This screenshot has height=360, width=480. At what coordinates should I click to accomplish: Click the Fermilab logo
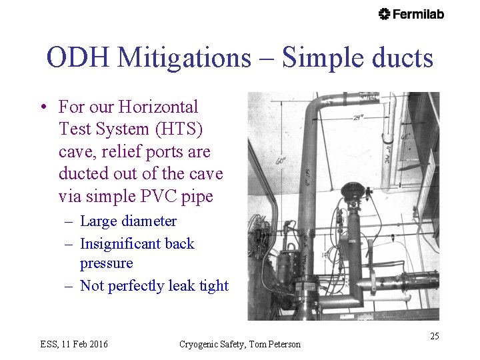pos(411,14)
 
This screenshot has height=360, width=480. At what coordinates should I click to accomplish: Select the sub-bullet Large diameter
pos(128,221)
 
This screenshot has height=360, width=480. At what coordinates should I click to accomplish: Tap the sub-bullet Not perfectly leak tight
pos(154,286)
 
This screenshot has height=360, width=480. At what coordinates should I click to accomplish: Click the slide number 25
pos(434,336)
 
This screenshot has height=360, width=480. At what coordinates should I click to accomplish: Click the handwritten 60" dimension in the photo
pos(281,161)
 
